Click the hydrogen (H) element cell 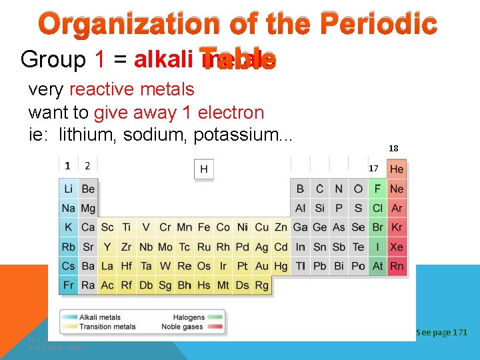pyautogui.click(x=203, y=169)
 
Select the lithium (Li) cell pyautogui.click(x=69, y=189)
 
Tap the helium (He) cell pyautogui.click(x=397, y=169)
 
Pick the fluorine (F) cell pyautogui.click(x=378, y=189)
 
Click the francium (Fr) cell pyautogui.click(x=69, y=285)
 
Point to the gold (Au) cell pyautogui.click(x=262, y=266)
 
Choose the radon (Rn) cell pyautogui.click(x=397, y=266)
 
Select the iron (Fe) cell pyautogui.click(x=204, y=227)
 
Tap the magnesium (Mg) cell pyautogui.click(x=88, y=208)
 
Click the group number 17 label pyautogui.click(x=374, y=169)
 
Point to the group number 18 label pyautogui.click(x=393, y=149)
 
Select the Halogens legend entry pyautogui.click(x=188, y=317)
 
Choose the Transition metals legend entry pyautogui.click(x=107, y=327)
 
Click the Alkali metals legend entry pyautogui.click(x=100, y=317)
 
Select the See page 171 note pyautogui.click(x=441, y=332)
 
